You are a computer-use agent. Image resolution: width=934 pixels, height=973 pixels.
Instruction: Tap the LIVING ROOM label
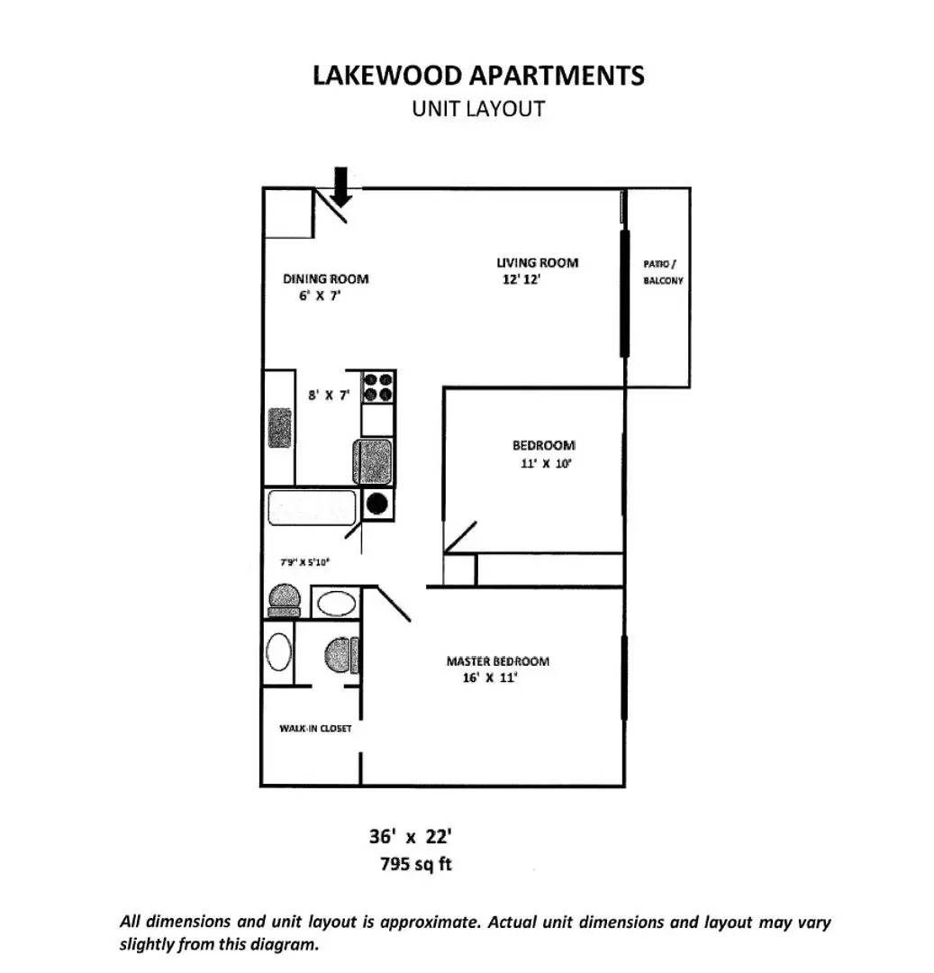click(x=537, y=262)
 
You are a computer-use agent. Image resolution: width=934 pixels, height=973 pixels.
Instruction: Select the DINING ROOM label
click(x=325, y=278)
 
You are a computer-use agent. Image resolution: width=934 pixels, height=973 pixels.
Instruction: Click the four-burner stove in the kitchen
click(x=378, y=387)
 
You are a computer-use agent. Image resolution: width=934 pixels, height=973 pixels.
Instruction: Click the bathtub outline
click(x=312, y=508)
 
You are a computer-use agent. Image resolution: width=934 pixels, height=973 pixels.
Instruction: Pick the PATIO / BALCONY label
click(x=663, y=271)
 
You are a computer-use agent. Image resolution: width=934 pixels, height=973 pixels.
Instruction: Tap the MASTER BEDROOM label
click(x=497, y=661)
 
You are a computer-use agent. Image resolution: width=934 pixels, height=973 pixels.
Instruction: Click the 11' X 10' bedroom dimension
click(x=546, y=464)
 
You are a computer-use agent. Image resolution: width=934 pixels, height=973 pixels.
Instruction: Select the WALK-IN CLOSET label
click(x=315, y=728)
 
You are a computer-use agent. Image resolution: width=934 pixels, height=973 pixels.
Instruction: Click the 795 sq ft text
click(x=417, y=865)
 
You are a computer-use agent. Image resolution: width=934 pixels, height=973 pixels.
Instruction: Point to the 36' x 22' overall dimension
click(x=415, y=836)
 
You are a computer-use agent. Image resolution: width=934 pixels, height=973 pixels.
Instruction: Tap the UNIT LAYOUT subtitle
click(x=478, y=108)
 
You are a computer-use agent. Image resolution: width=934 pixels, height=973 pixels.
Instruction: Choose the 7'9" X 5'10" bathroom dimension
click(x=305, y=562)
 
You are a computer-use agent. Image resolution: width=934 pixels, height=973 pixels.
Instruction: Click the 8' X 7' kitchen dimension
click(x=328, y=395)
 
